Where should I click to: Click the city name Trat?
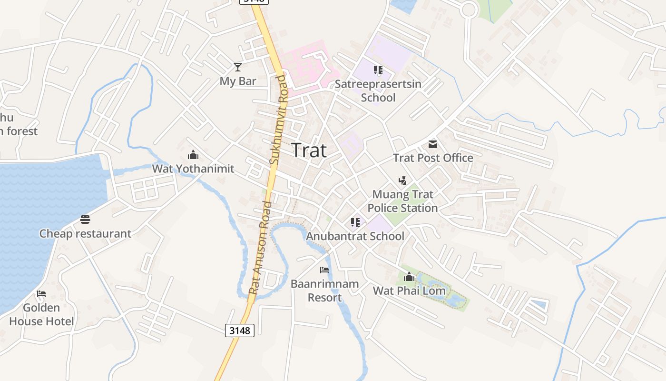[309, 150]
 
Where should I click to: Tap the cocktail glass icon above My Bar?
[238, 67]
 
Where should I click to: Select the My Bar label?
[238, 81]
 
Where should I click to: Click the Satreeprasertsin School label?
[378, 90]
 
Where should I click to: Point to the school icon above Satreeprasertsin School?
[378, 70]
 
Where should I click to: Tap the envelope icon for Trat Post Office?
[433, 144]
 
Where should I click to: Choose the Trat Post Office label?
[433, 158]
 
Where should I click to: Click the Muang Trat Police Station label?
[402, 201]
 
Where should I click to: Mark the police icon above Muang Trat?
[402, 180]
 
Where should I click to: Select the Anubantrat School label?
[355, 236]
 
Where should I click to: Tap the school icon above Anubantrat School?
[355, 222]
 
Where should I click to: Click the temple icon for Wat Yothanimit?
[193, 155]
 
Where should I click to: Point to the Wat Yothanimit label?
[193, 169]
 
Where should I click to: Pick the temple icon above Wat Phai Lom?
[409, 277]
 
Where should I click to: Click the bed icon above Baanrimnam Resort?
[324, 270]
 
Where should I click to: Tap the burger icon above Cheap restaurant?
[85, 220]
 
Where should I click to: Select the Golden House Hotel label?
[41, 314]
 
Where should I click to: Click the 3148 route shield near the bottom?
[240, 330]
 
